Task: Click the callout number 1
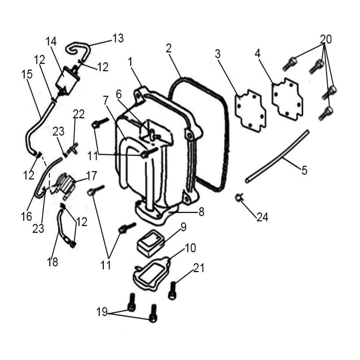point(131,62)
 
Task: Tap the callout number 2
point(169,49)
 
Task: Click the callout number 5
point(304,170)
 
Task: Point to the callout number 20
point(326,39)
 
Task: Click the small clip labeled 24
point(239,196)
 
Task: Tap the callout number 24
point(262,218)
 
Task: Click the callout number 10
point(190,248)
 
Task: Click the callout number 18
point(52,262)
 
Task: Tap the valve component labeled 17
point(66,184)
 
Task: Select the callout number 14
point(51,42)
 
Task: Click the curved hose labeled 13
point(78,50)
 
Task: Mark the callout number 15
point(27,74)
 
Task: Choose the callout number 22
point(79,114)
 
